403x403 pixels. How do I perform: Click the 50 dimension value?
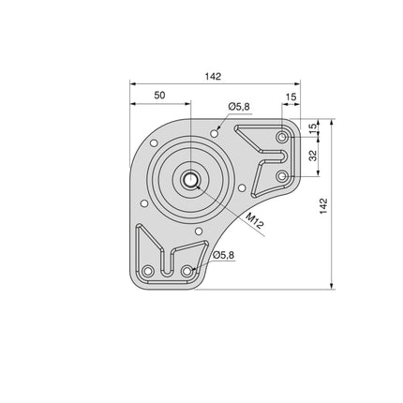[159, 95]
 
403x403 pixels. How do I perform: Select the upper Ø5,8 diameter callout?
[239, 107]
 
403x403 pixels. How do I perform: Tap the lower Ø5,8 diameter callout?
[223, 255]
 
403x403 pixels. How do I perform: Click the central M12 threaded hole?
[190, 180]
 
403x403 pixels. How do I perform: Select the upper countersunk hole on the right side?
[282, 138]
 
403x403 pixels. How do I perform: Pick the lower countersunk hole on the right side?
[282, 174]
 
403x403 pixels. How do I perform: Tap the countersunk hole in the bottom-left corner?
[147, 272]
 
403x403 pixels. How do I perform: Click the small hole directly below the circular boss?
[199, 230]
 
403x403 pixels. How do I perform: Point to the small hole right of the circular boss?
[242, 187]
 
